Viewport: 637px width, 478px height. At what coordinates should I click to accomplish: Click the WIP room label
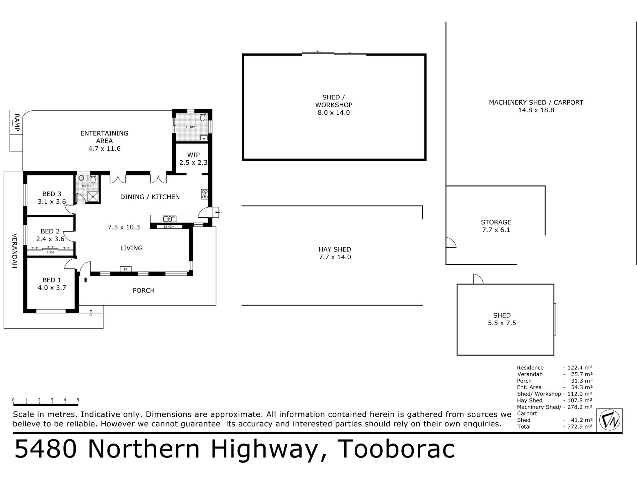pyautogui.click(x=193, y=155)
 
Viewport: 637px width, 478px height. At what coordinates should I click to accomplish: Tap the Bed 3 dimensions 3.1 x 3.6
pyautogui.click(x=52, y=202)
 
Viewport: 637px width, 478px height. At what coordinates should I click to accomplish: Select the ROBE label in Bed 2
pyautogui.click(x=50, y=252)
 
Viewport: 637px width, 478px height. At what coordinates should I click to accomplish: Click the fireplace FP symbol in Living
pyautogui.click(x=126, y=269)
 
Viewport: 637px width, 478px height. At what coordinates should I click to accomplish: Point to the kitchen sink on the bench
pyautogui.click(x=170, y=219)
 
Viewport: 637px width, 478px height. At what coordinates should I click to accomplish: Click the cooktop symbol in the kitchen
pyautogui.click(x=205, y=194)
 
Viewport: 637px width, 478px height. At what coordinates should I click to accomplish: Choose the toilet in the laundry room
pyautogui.click(x=202, y=117)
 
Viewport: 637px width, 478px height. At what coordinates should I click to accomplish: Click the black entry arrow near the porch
pyautogui.click(x=85, y=280)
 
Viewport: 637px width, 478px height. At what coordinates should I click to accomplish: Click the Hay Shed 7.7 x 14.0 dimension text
pyautogui.click(x=335, y=257)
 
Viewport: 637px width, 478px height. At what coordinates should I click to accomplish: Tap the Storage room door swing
pyautogui.click(x=451, y=243)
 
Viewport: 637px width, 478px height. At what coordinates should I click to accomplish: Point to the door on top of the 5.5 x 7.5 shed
pyautogui.click(x=478, y=279)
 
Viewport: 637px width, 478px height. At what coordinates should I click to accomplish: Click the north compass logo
pyautogui.click(x=610, y=420)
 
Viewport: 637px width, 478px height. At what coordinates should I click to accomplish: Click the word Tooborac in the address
pyautogui.click(x=396, y=449)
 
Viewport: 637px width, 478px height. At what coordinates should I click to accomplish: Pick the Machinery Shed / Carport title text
pyautogui.click(x=536, y=102)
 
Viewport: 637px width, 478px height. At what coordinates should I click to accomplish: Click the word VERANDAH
pyautogui.click(x=14, y=251)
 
